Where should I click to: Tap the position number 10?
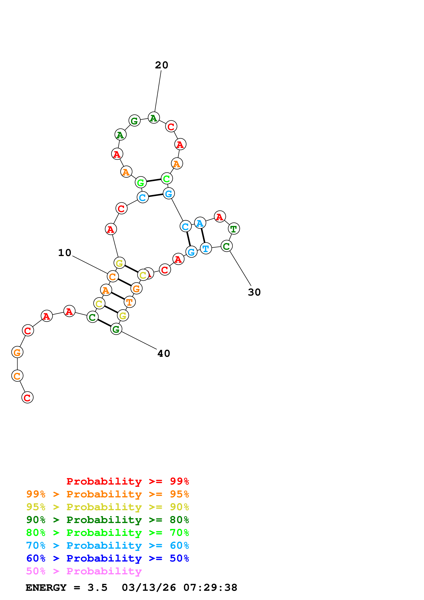(x=64, y=253)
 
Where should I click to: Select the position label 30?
(x=254, y=292)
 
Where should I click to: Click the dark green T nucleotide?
(x=234, y=229)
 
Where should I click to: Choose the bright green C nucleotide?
(x=167, y=179)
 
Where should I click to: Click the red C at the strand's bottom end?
(x=27, y=397)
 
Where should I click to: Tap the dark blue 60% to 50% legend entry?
(x=107, y=558)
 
